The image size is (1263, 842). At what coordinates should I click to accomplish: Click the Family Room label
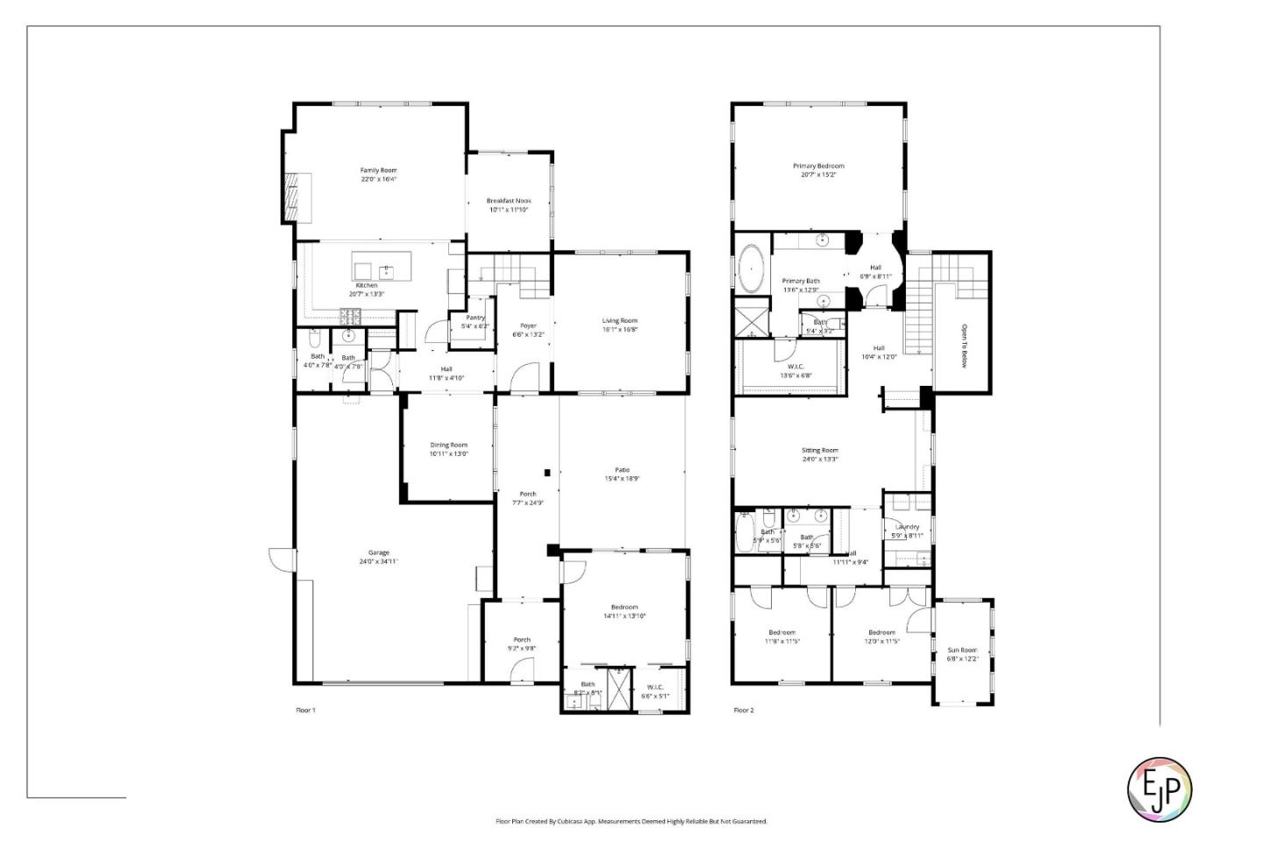(378, 170)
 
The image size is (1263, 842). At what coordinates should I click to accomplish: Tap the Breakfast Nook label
(509, 201)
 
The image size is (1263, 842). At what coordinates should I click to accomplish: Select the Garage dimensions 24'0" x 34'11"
(378, 561)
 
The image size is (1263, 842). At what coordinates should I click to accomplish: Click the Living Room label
(619, 321)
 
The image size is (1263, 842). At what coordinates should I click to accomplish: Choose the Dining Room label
(448, 446)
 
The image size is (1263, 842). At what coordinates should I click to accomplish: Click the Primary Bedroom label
(818, 166)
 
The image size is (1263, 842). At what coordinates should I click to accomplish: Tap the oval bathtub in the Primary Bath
(752, 269)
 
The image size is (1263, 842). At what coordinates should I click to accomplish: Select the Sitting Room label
(819, 451)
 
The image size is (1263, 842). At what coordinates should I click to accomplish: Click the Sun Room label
(961, 651)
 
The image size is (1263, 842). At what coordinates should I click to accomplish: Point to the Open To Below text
(963, 346)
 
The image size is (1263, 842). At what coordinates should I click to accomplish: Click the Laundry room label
(907, 527)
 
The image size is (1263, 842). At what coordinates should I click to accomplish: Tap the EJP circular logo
(1159, 789)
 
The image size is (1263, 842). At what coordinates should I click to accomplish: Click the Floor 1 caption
(305, 710)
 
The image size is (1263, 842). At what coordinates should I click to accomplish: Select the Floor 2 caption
(743, 710)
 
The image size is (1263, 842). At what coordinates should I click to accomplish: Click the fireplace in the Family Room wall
(296, 197)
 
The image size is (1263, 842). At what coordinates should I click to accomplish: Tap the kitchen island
(382, 265)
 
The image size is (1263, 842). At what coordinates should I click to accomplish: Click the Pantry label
(475, 318)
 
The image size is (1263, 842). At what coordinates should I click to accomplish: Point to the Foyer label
(528, 325)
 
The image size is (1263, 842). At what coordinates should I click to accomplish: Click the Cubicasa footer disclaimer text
(631, 822)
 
